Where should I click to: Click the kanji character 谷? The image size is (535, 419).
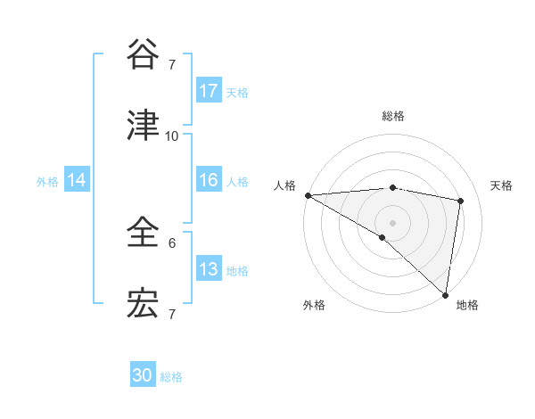[144, 54]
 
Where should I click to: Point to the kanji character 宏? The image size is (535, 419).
[144, 304]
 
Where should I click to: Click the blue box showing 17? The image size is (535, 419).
[209, 91]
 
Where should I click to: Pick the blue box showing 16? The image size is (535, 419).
[209, 180]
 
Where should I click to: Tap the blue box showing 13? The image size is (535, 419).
[209, 269]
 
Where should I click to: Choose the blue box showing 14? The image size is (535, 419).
[77, 180]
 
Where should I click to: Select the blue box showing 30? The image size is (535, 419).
[143, 376]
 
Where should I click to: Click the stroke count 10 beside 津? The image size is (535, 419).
[172, 136]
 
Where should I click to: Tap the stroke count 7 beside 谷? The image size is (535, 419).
[172, 64]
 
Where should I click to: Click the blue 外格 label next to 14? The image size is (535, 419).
[47, 181]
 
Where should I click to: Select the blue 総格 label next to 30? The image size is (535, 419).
[171, 377]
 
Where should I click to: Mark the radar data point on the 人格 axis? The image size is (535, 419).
[308, 195]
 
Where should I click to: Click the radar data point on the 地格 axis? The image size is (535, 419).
[445, 294]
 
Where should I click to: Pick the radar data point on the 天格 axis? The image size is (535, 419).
[461, 201]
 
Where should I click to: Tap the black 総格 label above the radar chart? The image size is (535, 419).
[392, 116]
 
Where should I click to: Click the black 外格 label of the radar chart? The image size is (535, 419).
[314, 305]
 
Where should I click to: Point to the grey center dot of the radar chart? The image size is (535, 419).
[392, 222]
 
